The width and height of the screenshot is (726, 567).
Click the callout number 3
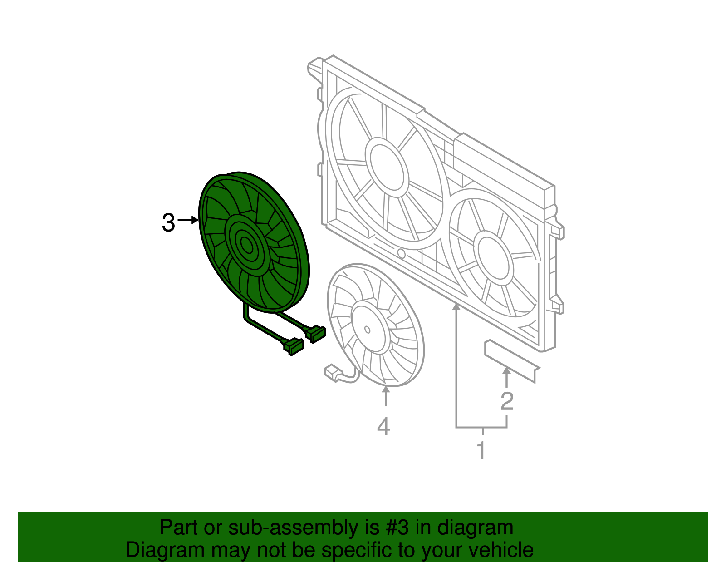tap(168, 223)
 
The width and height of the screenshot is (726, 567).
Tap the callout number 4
tap(383, 426)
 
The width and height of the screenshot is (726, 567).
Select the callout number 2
tap(507, 401)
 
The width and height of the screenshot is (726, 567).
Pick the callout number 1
tap(481, 450)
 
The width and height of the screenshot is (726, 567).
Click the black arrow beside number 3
tap(188, 221)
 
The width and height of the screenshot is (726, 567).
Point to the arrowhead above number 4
tap(386, 389)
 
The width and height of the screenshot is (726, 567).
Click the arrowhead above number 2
tap(507, 372)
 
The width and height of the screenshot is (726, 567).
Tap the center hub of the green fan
tap(246, 246)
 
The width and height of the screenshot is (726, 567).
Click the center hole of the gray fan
tap(367, 330)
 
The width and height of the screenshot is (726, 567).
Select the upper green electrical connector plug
tap(316, 334)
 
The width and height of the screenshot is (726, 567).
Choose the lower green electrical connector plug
tap(293, 346)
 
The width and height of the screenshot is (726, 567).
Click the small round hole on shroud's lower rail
tap(401, 253)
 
